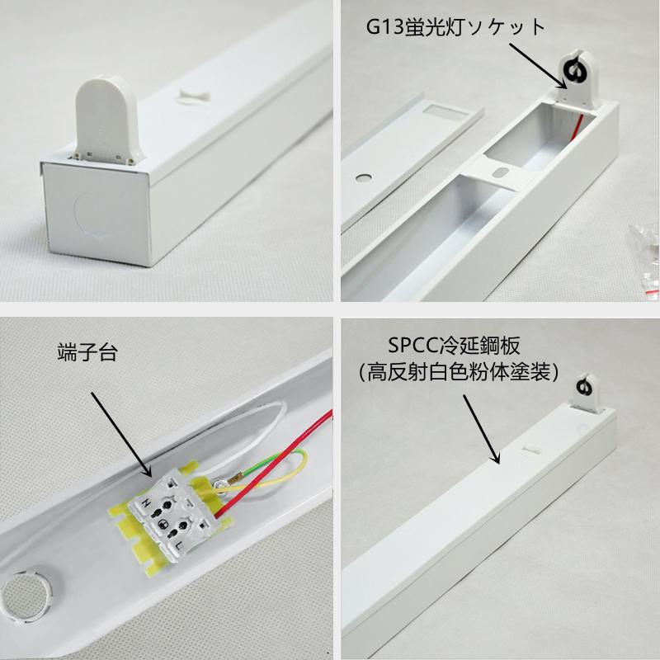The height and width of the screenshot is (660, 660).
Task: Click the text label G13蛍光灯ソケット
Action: click(456, 27)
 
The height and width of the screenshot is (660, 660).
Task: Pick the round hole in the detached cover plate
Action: click(363, 177)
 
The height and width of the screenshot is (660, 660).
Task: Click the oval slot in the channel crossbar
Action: click(500, 172)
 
